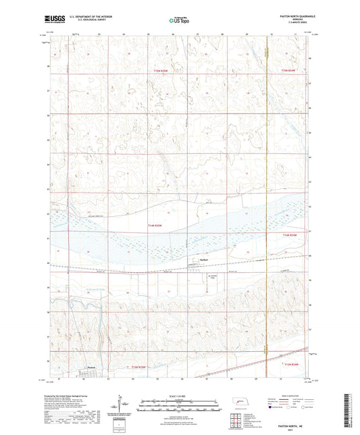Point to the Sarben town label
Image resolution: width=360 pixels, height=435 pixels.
[x=203, y=259]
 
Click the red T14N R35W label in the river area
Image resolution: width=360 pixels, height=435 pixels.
[x=156, y=226]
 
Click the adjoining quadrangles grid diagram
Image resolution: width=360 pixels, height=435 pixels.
[x=234, y=424]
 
